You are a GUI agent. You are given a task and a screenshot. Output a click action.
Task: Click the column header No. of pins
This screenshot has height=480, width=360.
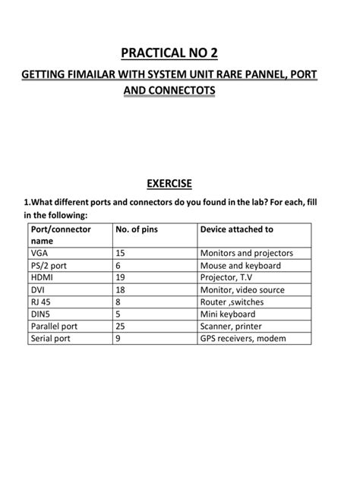(x=137, y=229)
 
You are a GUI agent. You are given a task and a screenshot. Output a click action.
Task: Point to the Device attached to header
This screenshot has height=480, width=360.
(x=236, y=229)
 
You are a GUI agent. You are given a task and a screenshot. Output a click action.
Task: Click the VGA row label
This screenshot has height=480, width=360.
(x=40, y=253)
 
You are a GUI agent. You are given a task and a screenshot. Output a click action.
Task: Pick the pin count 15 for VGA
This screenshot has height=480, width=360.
(x=121, y=253)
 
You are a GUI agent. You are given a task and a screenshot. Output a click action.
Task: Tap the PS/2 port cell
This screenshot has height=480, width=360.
(x=49, y=265)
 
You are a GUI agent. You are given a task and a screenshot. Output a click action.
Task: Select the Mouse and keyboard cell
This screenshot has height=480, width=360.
(x=240, y=265)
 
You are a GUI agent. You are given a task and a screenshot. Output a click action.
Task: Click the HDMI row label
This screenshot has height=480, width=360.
(x=43, y=277)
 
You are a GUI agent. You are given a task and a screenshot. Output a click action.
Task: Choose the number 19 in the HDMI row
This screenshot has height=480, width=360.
(x=121, y=277)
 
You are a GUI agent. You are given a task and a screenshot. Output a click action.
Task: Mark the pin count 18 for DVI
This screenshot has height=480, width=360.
(x=121, y=289)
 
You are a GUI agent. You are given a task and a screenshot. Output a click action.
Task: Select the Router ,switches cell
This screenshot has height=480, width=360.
(x=231, y=302)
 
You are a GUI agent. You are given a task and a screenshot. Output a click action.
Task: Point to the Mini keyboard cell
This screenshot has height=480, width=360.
(x=227, y=314)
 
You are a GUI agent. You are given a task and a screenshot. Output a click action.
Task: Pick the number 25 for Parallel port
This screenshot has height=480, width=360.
(x=121, y=326)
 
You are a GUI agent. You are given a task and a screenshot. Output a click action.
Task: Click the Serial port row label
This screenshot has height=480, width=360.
(x=51, y=338)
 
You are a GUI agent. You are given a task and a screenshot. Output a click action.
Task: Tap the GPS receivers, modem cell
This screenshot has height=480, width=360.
(x=243, y=338)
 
